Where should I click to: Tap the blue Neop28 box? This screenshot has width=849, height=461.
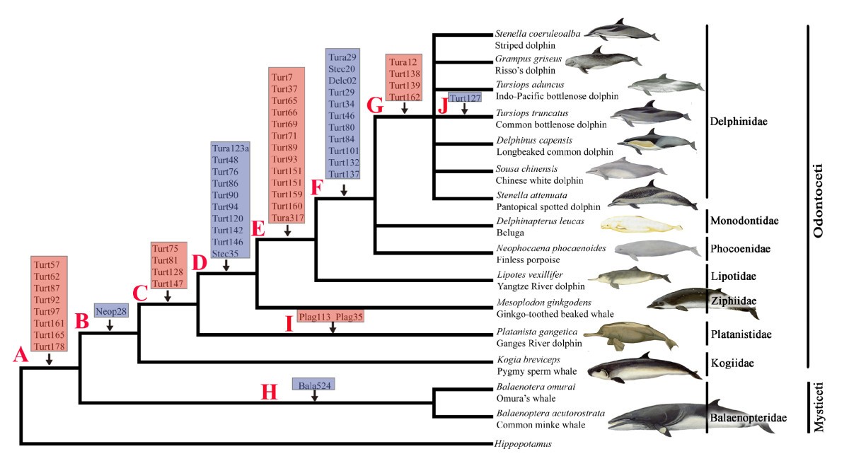[110, 311]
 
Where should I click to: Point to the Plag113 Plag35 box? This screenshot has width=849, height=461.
[331, 317]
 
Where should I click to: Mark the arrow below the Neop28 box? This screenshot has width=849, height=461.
[110, 325]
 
